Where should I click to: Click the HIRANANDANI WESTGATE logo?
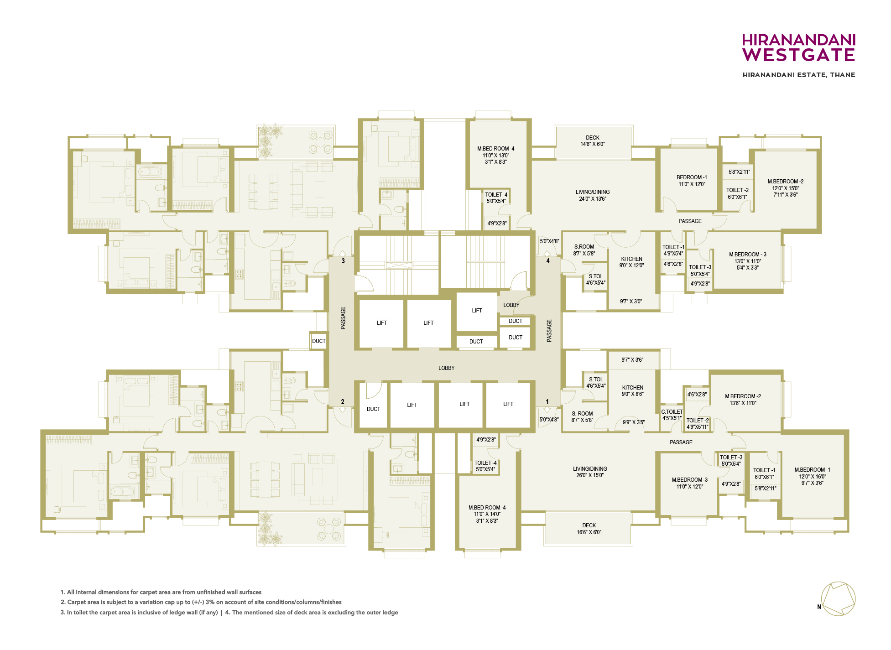click(798, 47)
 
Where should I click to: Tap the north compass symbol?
click(838, 599)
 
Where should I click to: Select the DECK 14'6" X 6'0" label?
click(593, 141)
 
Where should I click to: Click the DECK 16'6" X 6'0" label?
click(589, 529)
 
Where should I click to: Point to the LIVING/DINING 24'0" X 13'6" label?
click(593, 195)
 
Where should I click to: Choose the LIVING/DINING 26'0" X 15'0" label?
click(590, 472)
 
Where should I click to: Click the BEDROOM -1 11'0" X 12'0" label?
click(692, 181)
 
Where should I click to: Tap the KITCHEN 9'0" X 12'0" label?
click(631, 262)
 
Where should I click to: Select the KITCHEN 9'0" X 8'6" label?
click(632, 390)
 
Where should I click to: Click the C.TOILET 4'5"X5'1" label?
click(672, 415)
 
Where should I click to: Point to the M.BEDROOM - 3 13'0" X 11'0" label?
click(748, 261)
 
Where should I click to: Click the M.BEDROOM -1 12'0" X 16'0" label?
click(813, 476)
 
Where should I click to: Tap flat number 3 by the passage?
click(343, 261)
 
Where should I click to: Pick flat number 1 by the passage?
click(547, 402)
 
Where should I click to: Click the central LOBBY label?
click(446, 368)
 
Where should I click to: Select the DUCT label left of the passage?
click(319, 341)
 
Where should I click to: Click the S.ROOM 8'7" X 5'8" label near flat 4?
click(584, 250)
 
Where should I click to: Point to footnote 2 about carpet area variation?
click(201, 602)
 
